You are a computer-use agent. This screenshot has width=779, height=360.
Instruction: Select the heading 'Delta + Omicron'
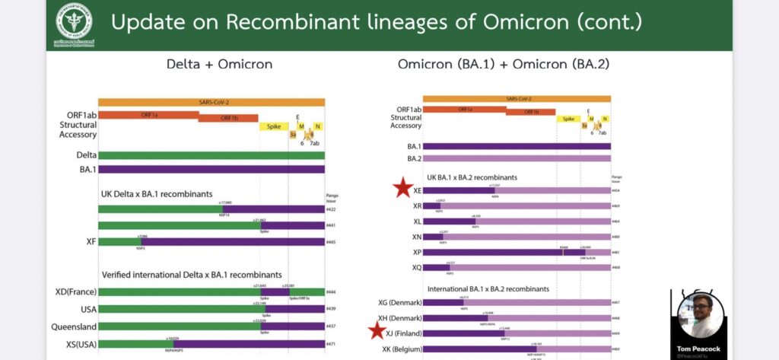[x=219, y=64]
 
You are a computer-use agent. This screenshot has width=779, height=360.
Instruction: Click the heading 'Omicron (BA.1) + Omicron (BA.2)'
[x=503, y=64]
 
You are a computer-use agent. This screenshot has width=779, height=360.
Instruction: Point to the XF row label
[x=91, y=241]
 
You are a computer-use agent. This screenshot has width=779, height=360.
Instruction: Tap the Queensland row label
[x=75, y=326]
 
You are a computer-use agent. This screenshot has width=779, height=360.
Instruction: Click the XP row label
[x=417, y=252]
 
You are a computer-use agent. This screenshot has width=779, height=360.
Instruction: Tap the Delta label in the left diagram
[x=86, y=155]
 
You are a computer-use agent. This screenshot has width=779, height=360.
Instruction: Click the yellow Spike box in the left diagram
[x=273, y=126]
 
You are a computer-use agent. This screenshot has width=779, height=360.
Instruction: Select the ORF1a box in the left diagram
[x=148, y=115]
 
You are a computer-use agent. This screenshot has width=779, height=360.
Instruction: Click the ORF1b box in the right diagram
[x=530, y=111]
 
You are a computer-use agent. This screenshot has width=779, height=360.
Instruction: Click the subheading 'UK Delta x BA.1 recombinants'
[x=157, y=193]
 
